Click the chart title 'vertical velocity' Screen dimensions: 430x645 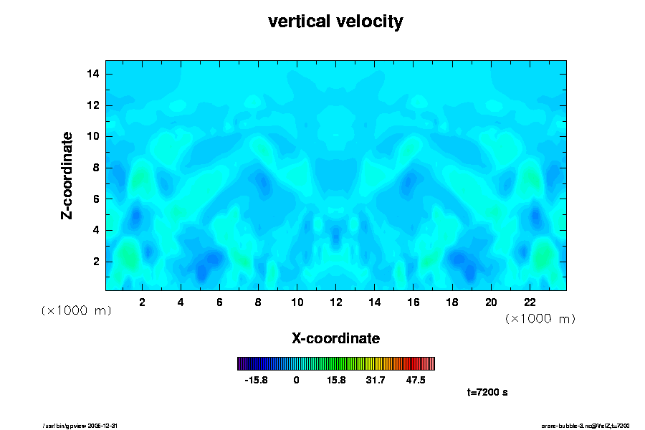tap(335, 21)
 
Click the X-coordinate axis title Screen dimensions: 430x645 tap(335, 338)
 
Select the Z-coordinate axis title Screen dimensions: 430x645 tap(67, 175)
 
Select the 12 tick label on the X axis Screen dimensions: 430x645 tap(335, 302)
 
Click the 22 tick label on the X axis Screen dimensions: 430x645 tap(530, 302)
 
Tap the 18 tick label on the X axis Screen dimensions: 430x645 tap(452, 302)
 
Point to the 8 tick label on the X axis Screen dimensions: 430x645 tap(258, 302)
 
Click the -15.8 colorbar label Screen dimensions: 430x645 tap(256, 380)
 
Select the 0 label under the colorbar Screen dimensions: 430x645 tap(296, 380)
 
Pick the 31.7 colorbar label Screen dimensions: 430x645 tap(376, 380)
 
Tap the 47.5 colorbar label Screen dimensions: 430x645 tap(416, 380)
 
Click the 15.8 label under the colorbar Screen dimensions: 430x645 tap(335, 380)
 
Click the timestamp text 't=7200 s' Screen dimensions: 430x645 tap(487, 392)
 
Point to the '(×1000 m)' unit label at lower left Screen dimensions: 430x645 tap(76, 310)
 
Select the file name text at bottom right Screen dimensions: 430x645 tap(585, 426)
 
